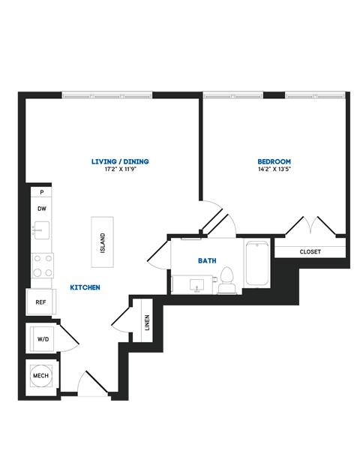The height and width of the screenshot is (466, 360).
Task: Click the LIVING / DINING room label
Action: tap(119, 161)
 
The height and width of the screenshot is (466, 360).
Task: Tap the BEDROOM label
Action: tap(274, 161)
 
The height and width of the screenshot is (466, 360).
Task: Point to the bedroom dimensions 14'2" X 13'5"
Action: tap(274, 170)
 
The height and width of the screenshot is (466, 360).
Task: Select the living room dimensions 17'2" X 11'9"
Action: tap(119, 170)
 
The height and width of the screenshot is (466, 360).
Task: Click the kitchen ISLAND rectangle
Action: tap(103, 242)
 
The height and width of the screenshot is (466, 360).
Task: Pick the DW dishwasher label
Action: tap(42, 209)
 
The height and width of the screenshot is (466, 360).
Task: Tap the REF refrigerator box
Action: tap(41, 302)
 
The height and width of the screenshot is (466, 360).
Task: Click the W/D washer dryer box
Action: tap(42, 340)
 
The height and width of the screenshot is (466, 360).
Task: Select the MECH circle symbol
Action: tap(40, 374)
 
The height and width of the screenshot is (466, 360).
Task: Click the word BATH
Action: tap(207, 261)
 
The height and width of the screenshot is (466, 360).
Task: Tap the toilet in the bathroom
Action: tap(228, 278)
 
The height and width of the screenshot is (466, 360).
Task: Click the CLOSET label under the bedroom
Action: tap(310, 251)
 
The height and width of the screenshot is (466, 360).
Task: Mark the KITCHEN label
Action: tap(85, 287)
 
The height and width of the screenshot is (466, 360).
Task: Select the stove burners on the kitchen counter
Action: tap(42, 265)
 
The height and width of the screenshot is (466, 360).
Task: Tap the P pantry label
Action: tap(42, 193)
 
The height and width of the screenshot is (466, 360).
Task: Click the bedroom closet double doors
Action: tap(310, 225)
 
